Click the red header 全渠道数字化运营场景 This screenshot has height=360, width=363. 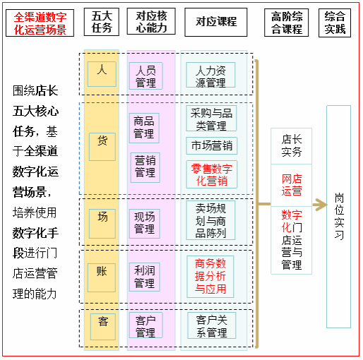(40, 23)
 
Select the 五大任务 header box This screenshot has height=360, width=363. (102, 22)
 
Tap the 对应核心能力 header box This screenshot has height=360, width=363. (151, 21)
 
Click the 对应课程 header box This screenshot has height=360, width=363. (216, 22)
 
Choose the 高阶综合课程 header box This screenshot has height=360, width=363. (286, 23)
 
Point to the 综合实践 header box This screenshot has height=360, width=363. (335, 23)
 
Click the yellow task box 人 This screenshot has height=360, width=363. (102, 74)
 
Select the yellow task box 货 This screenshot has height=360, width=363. (102, 147)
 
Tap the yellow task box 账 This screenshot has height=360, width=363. (102, 277)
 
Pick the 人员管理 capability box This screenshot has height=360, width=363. (145, 76)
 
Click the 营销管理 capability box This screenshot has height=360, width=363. (145, 167)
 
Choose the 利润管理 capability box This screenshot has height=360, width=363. (145, 277)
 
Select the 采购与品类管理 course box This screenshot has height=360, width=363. (211, 118)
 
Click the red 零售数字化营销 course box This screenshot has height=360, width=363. (212, 174)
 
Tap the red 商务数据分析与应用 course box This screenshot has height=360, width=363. (210, 277)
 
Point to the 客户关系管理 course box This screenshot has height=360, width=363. (212, 326)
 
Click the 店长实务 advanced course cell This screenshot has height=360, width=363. (292, 146)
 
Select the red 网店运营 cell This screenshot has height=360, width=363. (292, 185)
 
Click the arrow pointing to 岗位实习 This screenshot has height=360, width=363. (320, 205)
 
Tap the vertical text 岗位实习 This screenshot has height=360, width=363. (339, 216)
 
